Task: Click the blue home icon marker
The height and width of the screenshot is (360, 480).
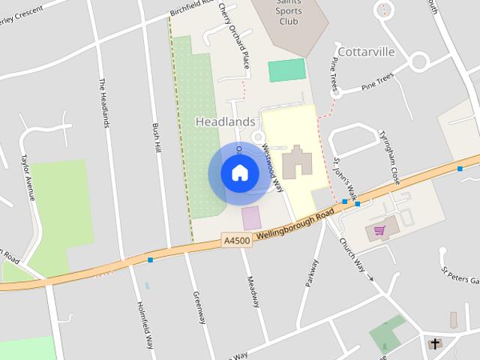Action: click(239, 173)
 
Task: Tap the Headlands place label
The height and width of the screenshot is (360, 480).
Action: click(226, 121)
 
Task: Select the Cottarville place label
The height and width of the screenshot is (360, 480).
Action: click(365, 52)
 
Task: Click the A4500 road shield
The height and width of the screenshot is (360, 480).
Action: click(236, 241)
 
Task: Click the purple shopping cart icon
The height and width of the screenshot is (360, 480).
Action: click(379, 229)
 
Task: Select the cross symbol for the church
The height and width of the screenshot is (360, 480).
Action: click(435, 344)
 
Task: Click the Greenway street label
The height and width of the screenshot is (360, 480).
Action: click(198, 307)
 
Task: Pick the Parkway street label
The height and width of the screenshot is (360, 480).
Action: click(311, 273)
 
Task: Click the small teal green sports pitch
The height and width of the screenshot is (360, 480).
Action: click(287, 70)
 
